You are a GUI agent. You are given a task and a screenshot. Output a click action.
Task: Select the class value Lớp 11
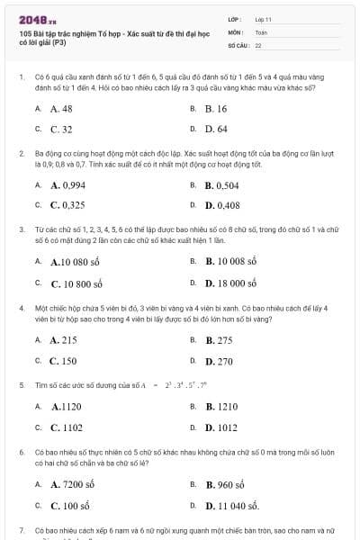pyautogui.click(x=263, y=19)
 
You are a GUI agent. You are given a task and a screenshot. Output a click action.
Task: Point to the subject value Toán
pyautogui.click(x=261, y=31)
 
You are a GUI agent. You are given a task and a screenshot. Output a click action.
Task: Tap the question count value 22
pyautogui.click(x=258, y=44)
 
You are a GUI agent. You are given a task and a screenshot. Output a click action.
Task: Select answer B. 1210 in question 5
pyautogui.click(x=220, y=406)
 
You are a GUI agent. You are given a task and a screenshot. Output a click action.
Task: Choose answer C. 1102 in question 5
pyautogui.click(x=66, y=427)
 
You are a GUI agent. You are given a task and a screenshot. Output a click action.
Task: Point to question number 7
pyautogui.click(x=21, y=531)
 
